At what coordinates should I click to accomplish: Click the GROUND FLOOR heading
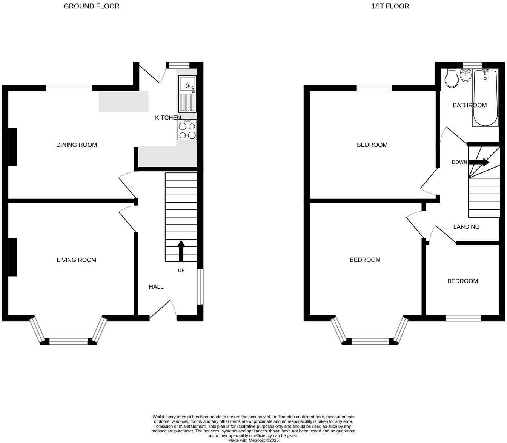(x=91, y=6)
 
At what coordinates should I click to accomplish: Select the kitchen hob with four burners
(x=187, y=130)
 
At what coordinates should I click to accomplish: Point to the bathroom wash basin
(x=466, y=76)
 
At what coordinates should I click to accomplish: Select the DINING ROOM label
(x=77, y=145)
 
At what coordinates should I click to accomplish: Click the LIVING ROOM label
(x=77, y=260)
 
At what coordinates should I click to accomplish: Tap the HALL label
(x=156, y=287)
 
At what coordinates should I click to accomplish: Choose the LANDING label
(x=466, y=227)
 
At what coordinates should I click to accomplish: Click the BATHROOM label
(x=470, y=105)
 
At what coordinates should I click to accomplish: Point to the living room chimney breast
(x=12, y=257)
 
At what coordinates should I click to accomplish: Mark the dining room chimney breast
(x=12, y=147)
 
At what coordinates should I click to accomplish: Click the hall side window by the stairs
(x=200, y=286)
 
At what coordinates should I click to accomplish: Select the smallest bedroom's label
(x=462, y=281)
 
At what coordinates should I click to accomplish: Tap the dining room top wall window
(x=69, y=88)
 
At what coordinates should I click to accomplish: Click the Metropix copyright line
(x=253, y=440)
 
